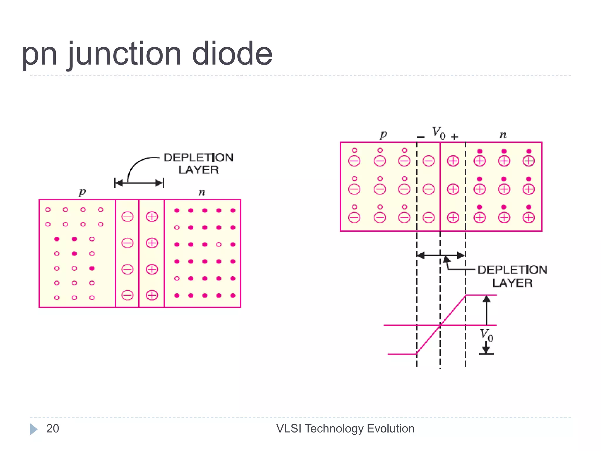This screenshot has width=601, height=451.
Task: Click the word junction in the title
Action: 125,54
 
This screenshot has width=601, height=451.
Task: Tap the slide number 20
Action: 53,429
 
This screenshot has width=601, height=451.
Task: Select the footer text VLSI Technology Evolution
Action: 345,429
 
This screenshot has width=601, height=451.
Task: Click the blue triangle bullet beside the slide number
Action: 33,429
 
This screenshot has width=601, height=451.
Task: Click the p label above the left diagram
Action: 82,192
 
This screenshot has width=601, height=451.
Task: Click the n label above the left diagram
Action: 202,193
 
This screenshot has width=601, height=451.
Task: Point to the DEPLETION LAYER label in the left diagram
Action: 199,164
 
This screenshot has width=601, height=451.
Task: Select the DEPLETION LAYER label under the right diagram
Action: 512,276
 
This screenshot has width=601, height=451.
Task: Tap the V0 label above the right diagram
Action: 438,133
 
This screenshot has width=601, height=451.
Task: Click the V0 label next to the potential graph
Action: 487,335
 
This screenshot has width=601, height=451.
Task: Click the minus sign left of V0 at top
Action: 421,137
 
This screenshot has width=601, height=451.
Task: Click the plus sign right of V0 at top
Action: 454,137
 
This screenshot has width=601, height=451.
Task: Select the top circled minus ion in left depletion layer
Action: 127,217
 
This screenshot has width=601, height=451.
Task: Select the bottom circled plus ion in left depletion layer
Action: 152,295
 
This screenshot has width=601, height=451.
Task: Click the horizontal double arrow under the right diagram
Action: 441,255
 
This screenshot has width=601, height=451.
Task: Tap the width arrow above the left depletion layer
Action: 139,183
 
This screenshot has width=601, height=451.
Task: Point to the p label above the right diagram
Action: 383,135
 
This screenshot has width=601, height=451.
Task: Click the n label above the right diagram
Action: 503,135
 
